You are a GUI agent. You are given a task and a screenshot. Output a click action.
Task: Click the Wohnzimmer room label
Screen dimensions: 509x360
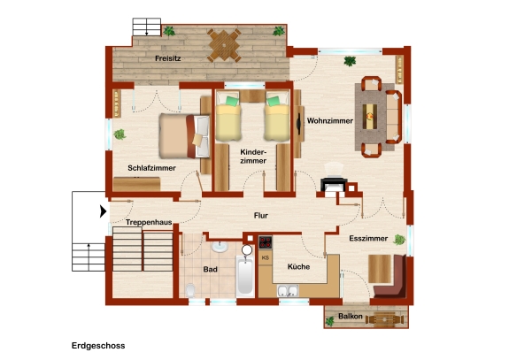330,121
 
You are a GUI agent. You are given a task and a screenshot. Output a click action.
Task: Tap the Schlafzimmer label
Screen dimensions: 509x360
151,168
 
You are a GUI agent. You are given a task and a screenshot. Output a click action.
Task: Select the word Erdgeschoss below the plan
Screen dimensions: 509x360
98,346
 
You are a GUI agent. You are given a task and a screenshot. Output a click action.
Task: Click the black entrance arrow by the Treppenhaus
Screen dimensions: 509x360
104,211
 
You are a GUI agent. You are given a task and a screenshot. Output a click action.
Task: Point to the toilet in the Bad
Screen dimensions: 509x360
190,290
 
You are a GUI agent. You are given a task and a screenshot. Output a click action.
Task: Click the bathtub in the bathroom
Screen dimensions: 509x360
245,276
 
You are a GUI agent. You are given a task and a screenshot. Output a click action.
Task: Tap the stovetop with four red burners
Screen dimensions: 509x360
266,242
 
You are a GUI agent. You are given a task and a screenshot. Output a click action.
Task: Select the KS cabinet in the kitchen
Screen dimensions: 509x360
266,258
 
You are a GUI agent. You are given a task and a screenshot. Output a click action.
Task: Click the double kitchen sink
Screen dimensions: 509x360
288,290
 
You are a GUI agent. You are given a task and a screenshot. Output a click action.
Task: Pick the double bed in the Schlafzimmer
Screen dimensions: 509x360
184,136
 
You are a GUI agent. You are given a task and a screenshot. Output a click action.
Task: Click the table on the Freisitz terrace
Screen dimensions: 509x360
224,45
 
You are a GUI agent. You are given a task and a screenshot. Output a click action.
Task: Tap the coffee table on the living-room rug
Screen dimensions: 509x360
370,117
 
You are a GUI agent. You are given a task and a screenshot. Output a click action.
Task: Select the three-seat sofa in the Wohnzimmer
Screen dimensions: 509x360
393,117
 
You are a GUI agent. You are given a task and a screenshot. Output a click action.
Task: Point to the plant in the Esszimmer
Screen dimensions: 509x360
399,240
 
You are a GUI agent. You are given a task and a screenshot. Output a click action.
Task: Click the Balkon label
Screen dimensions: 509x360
351,317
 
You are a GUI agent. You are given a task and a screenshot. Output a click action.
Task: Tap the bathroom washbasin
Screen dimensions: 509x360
220,247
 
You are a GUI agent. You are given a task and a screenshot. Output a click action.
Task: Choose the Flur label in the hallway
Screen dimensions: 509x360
261,216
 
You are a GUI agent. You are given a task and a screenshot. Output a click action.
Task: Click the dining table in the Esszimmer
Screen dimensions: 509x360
380,269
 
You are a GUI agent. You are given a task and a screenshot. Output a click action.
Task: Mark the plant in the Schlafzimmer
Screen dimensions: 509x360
120,134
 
